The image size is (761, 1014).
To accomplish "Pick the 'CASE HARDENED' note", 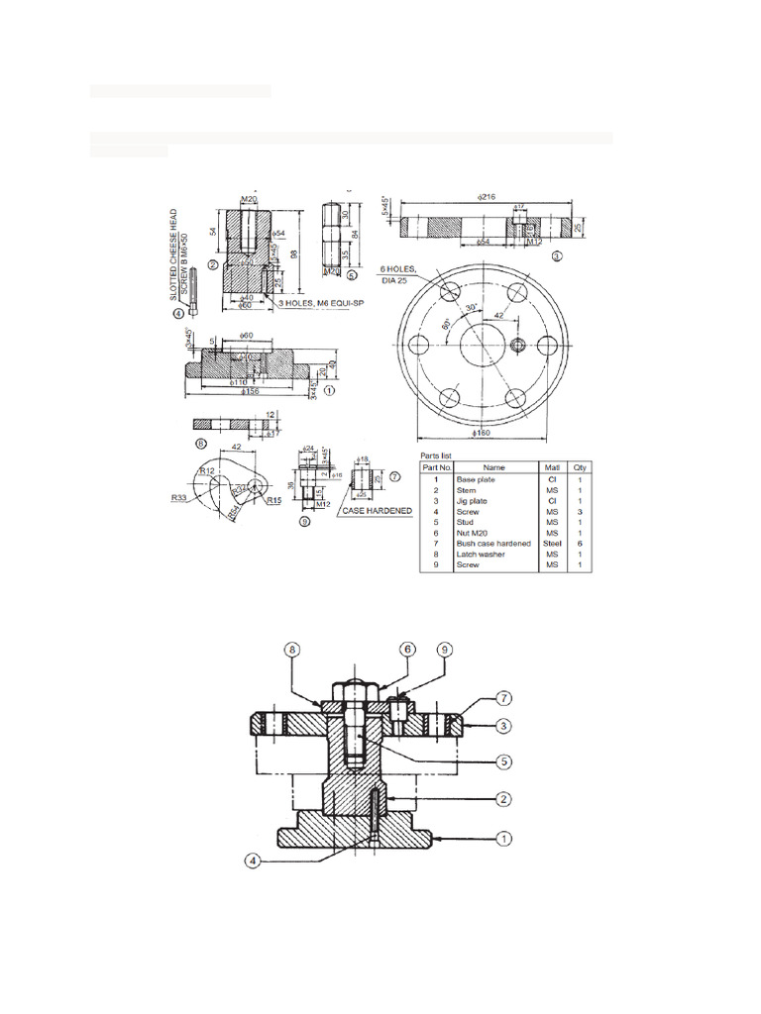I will pyautogui.click(x=377, y=511).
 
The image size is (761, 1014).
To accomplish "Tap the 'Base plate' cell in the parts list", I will pyautogui.click(x=474, y=479).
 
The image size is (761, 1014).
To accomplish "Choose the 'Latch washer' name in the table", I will pyautogui.click(x=480, y=555).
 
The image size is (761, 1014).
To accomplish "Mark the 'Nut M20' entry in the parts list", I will pyautogui.click(x=473, y=533).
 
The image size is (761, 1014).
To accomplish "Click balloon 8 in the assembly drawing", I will pyautogui.click(x=291, y=651).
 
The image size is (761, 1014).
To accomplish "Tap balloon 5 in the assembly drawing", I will pyautogui.click(x=504, y=761).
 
